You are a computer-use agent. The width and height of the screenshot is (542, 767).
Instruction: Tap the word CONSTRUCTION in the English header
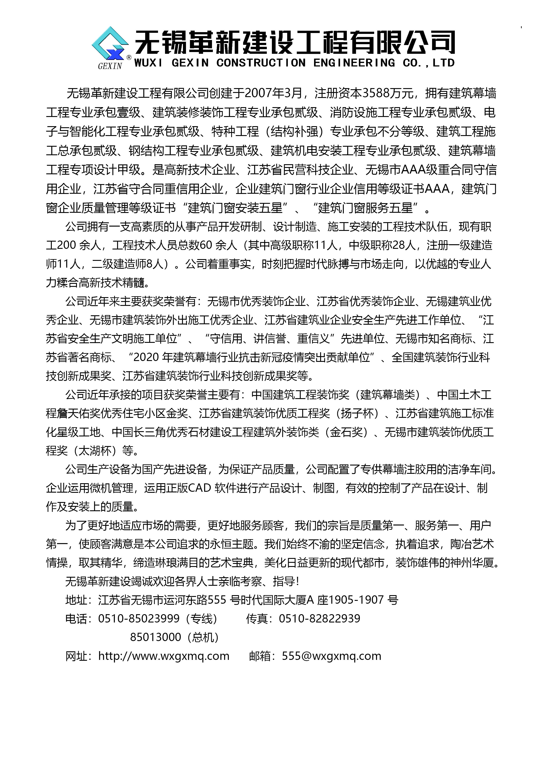coord(261,63)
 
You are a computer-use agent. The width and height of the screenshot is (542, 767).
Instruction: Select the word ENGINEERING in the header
coord(354,63)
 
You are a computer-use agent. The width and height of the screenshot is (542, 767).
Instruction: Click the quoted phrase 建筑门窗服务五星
coord(365,208)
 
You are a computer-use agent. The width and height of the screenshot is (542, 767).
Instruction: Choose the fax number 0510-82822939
coord(320,618)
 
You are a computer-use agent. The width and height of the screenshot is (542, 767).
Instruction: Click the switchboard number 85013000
coord(156,637)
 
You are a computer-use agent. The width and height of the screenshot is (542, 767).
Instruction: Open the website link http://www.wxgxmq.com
coord(164,656)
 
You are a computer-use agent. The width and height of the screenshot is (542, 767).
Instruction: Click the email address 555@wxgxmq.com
coord(331,656)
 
